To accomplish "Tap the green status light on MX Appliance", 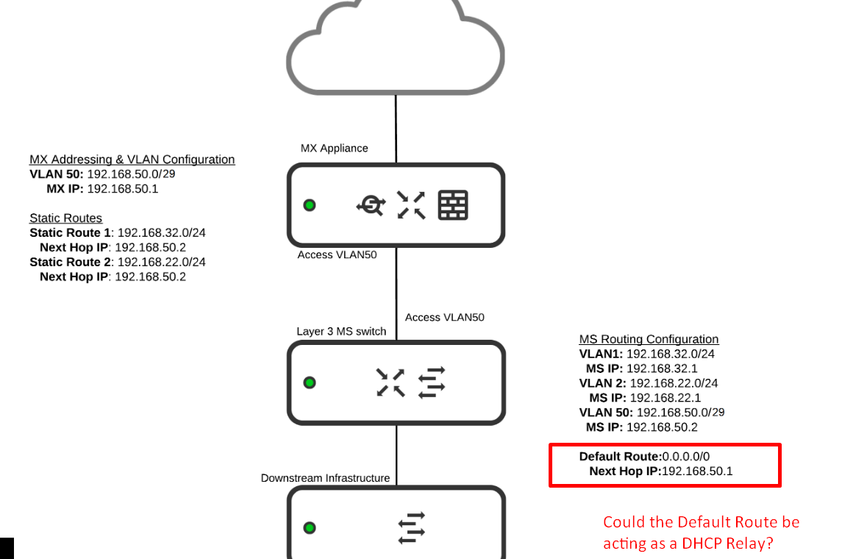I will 310,205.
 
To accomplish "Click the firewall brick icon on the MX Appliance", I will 453,205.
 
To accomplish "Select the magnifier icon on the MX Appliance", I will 371,205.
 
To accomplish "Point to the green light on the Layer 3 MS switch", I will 310,382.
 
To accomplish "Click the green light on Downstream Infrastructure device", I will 310,527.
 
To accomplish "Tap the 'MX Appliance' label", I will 334,149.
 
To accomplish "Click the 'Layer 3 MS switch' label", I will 341,332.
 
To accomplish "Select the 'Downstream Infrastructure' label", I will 325,478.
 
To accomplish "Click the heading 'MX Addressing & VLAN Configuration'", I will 132,160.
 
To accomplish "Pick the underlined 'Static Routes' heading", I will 65,218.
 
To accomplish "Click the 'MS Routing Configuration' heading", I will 649,339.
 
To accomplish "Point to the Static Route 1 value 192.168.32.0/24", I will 162,233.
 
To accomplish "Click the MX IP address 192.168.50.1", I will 123,189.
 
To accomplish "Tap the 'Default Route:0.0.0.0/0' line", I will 644,457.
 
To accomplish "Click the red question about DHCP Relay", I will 701,533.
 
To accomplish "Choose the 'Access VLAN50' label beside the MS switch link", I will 445,318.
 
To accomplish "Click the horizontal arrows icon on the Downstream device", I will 411,527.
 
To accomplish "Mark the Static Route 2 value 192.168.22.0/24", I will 162,263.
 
